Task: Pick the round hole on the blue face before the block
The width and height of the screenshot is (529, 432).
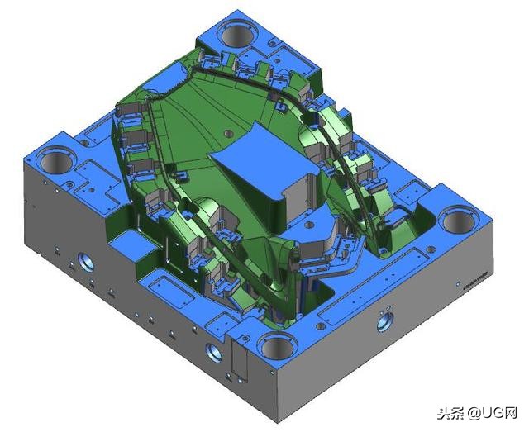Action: pyautogui.click(x=307, y=222)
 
